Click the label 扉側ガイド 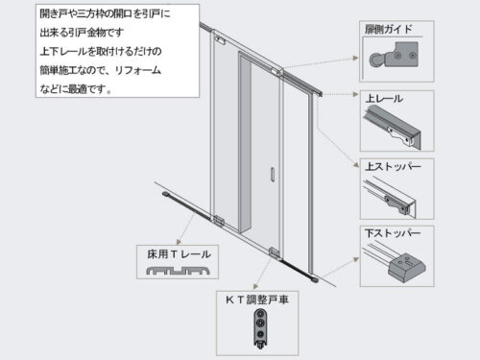pyautogui.click(x=390, y=30)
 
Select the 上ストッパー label pyautogui.click(x=395, y=166)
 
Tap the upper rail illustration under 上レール pyautogui.click(x=395, y=128)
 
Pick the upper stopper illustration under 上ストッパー pyautogui.click(x=395, y=196)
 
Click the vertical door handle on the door pyautogui.click(x=274, y=176)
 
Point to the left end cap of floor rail pyautogui.click(x=166, y=195)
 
